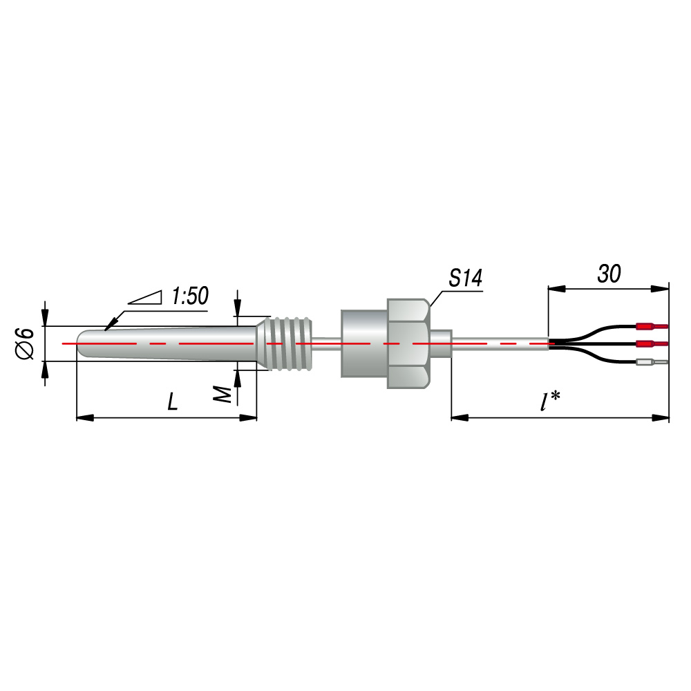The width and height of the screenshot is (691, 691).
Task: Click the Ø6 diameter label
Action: click(x=26, y=343)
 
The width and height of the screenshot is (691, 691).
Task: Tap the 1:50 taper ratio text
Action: click(x=190, y=296)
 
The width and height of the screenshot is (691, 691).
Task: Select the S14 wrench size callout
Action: click(x=465, y=278)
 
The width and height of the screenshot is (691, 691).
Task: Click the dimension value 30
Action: click(x=609, y=274)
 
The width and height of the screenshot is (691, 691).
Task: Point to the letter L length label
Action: click(x=173, y=401)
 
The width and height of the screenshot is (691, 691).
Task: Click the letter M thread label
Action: click(x=223, y=394)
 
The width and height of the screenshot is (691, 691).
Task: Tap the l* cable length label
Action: click(x=550, y=401)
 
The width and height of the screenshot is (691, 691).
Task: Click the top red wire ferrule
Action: click(x=652, y=327)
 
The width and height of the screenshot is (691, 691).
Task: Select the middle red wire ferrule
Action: click(x=652, y=343)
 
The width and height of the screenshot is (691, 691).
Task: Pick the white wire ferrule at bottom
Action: click(x=652, y=363)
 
